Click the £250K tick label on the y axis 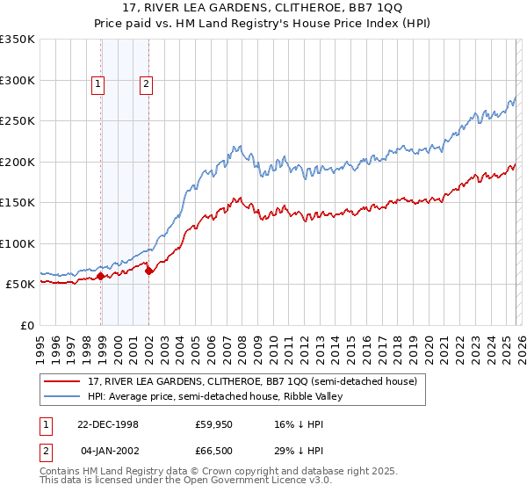pos(17,121)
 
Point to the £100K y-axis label pos(17,243)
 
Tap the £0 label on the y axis pos(26,325)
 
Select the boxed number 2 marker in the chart pos(145,84)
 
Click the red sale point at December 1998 pos(101,276)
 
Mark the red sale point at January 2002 pos(148,271)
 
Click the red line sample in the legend pos(63,381)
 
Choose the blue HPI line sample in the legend pos(63,396)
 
